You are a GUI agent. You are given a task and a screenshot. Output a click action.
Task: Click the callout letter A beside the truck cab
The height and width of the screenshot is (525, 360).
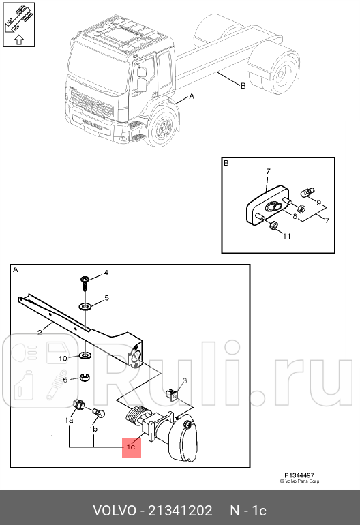click(x=191, y=97)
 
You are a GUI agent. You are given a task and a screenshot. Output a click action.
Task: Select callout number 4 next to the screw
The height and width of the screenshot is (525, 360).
click(x=106, y=274)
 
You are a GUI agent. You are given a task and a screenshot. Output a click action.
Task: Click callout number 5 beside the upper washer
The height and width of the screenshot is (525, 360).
click(x=106, y=299)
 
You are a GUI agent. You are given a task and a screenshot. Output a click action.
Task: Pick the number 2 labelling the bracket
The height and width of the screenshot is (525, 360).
click(x=40, y=333)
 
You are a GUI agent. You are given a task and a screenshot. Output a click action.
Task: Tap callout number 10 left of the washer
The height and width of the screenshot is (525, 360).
click(x=62, y=358)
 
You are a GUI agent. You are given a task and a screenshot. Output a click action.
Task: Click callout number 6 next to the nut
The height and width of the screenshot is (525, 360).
click(x=65, y=380)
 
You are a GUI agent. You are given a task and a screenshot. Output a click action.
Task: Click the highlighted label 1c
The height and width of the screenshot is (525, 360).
click(x=131, y=447)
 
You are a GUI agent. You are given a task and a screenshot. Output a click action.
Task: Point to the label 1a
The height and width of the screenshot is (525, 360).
click(x=69, y=421)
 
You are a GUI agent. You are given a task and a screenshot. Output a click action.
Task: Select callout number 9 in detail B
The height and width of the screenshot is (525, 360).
click(x=319, y=202)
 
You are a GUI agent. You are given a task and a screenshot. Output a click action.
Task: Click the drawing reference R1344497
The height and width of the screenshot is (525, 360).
click(x=299, y=475)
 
